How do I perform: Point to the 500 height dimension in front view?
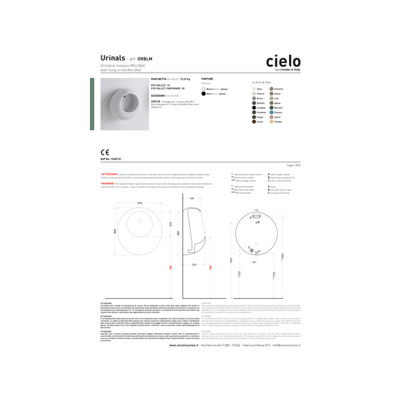point(115,231)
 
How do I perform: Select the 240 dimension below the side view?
point(194,265)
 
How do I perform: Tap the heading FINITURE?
point(207,78)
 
